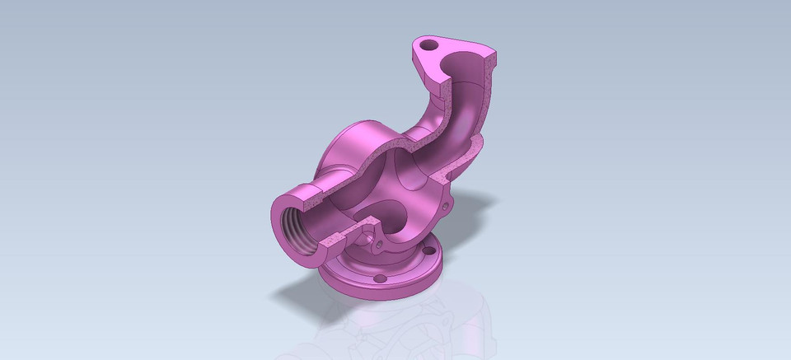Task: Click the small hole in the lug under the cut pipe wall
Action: click(x=378, y=244)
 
